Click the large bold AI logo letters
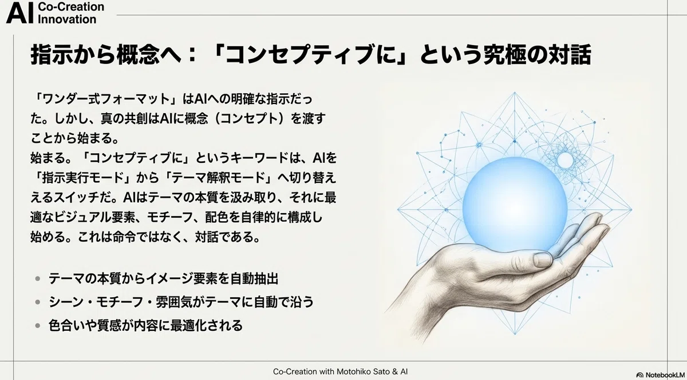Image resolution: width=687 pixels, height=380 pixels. [19, 14]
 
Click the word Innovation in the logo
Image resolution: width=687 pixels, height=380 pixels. [67, 19]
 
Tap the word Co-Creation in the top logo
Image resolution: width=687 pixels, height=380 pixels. [71, 7]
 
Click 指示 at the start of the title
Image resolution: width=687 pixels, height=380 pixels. [50, 54]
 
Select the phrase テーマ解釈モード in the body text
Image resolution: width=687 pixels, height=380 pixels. [218, 178]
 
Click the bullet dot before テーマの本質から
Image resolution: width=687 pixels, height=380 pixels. [38, 279]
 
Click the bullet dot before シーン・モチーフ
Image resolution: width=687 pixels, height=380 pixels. [38, 302]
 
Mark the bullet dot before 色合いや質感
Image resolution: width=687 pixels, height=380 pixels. [38, 325]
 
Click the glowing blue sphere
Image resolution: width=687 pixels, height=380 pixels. [515, 204]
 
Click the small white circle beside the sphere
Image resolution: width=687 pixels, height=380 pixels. [565, 160]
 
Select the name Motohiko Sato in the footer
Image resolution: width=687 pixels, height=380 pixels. [359, 371]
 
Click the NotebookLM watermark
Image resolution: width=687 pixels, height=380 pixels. [661, 375]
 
